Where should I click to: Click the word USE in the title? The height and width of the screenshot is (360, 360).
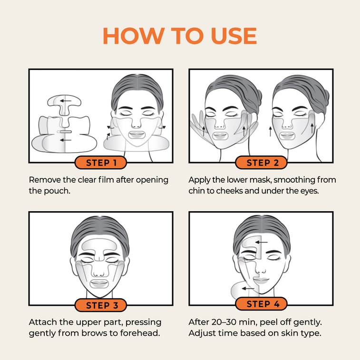point(234,36)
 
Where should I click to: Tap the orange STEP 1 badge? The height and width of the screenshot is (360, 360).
point(101,163)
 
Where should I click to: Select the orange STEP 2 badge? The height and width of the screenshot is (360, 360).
point(261,163)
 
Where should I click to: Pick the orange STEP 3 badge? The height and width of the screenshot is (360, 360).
point(101,305)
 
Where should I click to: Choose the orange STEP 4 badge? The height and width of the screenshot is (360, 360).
point(261,304)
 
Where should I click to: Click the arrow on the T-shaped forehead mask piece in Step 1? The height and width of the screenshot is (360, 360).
point(66,100)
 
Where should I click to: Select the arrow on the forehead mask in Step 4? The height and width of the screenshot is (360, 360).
point(261,242)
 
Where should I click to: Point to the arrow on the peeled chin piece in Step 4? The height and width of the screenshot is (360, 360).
point(248,288)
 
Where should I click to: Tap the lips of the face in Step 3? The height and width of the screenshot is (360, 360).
point(99,283)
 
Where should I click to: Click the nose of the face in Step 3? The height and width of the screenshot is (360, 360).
point(99,272)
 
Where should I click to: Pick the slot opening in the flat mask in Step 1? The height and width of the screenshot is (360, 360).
point(65,132)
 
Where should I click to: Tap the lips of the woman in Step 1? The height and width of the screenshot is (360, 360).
point(137,134)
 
